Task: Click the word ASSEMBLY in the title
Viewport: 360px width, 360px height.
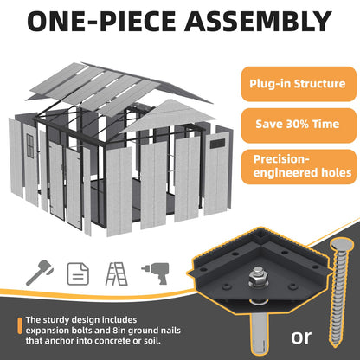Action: tap(258, 21)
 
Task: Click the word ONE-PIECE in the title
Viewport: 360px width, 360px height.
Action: tap(101, 21)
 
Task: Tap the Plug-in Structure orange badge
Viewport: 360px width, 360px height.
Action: tap(299, 84)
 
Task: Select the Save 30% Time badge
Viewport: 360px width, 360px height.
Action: tap(299, 125)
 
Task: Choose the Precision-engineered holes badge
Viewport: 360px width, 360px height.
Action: tap(299, 166)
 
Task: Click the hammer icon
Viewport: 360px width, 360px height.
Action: tap(40, 273)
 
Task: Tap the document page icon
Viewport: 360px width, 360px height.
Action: tap(78, 273)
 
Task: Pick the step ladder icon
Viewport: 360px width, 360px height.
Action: tap(116, 273)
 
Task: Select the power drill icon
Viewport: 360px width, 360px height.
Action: tap(156, 273)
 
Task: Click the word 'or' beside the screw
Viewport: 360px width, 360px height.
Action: tap(301, 337)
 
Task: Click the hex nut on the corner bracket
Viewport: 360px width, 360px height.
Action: tap(255, 278)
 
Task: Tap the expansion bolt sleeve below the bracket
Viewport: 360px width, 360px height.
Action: tap(259, 335)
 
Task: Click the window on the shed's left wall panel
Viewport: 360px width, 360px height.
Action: tap(30, 145)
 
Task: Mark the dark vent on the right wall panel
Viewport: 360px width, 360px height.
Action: tap(217, 144)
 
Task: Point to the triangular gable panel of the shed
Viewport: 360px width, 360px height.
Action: tap(168, 114)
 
